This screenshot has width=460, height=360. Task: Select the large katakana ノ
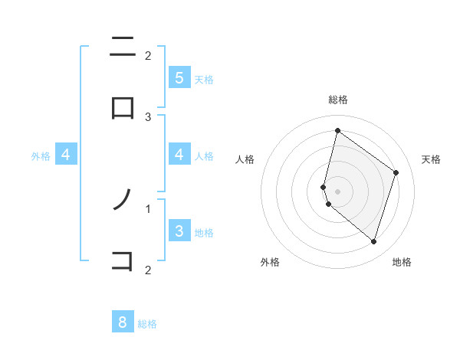pyautogui.click(x=123, y=201)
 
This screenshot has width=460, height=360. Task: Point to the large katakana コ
pyautogui.click(x=123, y=261)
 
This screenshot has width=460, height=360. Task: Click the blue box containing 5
pyautogui.click(x=179, y=78)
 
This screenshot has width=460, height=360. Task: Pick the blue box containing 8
pyautogui.click(x=123, y=322)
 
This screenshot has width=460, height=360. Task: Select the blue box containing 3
pyautogui.click(x=179, y=231)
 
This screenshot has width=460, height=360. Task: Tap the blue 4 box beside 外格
pyautogui.click(x=66, y=155)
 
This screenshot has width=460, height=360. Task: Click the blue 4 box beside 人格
pyautogui.click(x=179, y=155)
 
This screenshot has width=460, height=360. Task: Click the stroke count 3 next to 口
pyautogui.click(x=148, y=116)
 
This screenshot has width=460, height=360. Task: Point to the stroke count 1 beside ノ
pyautogui.click(x=148, y=208)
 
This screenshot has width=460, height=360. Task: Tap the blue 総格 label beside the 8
pyautogui.click(x=147, y=324)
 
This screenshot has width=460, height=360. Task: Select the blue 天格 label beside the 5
pyautogui.click(x=203, y=79)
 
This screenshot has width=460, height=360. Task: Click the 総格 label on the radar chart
pyautogui.click(x=338, y=100)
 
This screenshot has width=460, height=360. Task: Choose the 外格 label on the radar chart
pyautogui.click(x=270, y=263)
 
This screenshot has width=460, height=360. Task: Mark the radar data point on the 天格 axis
pyautogui.click(x=396, y=172)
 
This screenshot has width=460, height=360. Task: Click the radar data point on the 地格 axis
pyautogui.click(x=373, y=241)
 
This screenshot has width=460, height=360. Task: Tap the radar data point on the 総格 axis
pyautogui.click(x=337, y=130)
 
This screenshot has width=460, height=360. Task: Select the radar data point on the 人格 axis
pyautogui.click(x=324, y=187)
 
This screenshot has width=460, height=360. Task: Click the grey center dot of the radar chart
pyautogui.click(x=337, y=191)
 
